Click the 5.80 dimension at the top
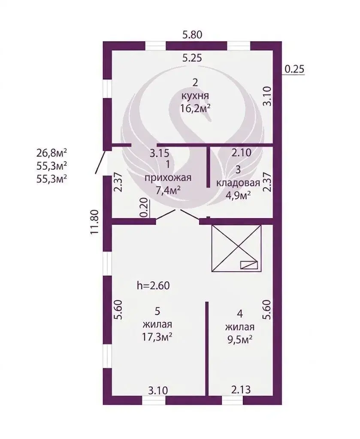(x=192, y=35)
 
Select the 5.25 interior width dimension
(x=192, y=58)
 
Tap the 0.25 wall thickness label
(x=294, y=69)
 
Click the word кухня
(x=195, y=96)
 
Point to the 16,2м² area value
(x=195, y=108)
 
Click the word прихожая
(x=168, y=177)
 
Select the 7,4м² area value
(x=168, y=190)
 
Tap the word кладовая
(x=238, y=183)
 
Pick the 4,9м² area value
(x=238, y=195)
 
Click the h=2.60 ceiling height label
(x=153, y=286)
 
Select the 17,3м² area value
(x=157, y=337)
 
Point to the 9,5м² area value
(x=240, y=340)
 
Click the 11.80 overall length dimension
(x=95, y=222)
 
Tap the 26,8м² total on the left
(x=51, y=153)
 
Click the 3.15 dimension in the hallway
(x=160, y=153)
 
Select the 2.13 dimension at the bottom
(x=241, y=389)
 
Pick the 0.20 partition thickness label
(x=144, y=207)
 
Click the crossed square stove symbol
(x=236, y=248)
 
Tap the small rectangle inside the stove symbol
(x=249, y=265)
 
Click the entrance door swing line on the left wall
(x=101, y=162)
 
